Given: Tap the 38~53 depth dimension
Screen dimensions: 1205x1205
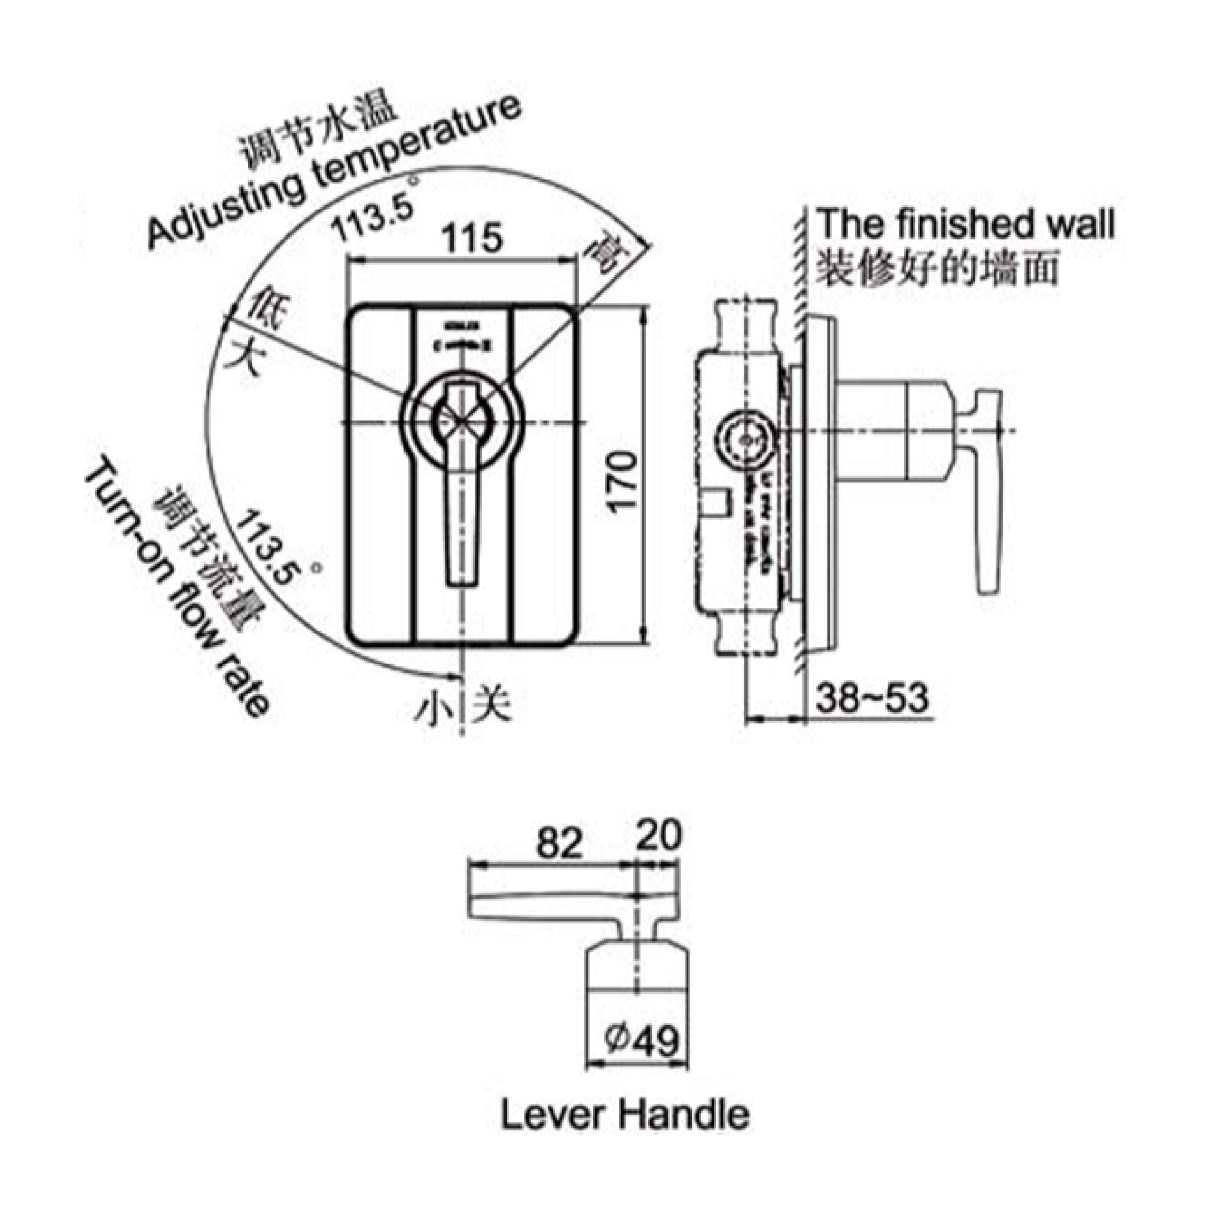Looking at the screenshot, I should pyautogui.click(x=872, y=698).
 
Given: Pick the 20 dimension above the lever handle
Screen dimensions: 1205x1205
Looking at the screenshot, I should pyautogui.click(x=659, y=836).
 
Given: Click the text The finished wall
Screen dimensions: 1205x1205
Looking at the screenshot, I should pyautogui.click(x=965, y=224).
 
